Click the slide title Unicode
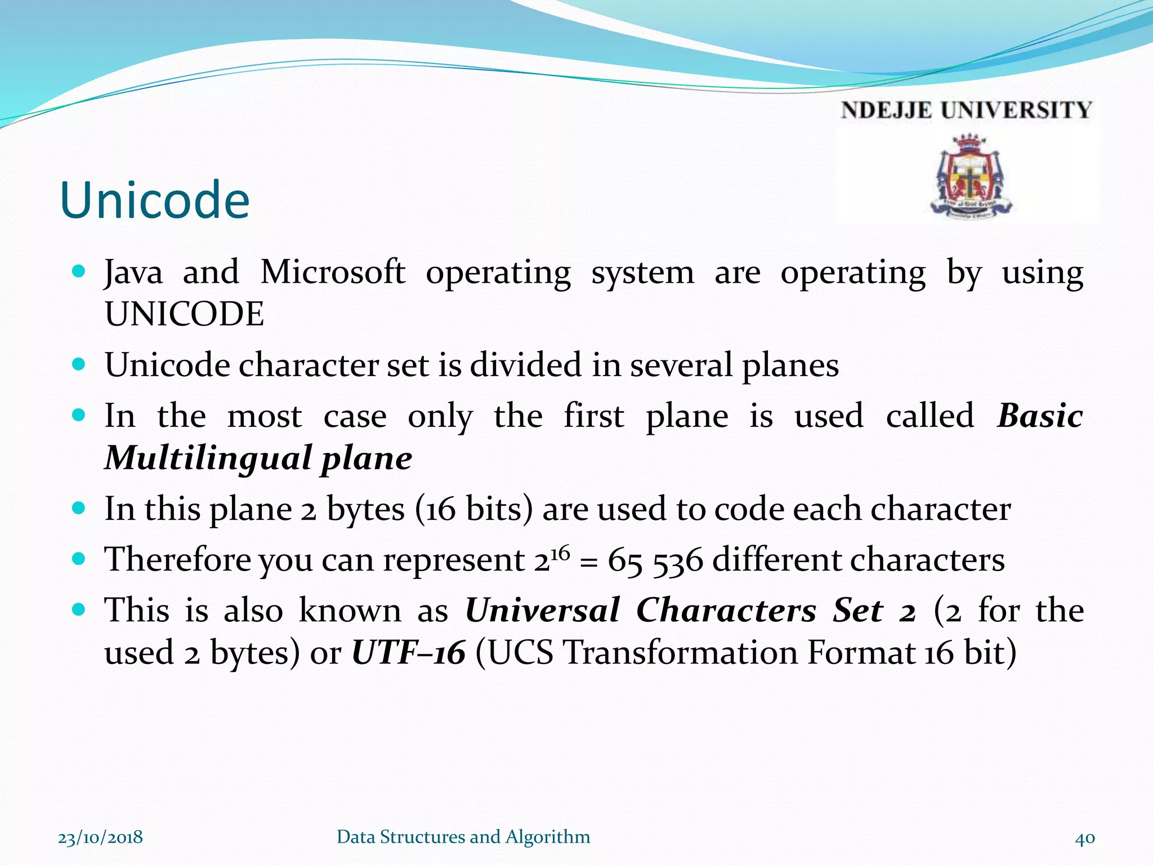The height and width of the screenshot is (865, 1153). [x=154, y=200]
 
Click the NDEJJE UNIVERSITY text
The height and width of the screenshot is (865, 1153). [x=966, y=110]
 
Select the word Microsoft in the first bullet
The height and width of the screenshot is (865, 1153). [x=332, y=273]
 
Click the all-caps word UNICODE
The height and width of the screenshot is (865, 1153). [x=185, y=314]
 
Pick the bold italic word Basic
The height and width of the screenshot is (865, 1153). [x=1040, y=417]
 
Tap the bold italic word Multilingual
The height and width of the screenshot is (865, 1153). [x=208, y=458]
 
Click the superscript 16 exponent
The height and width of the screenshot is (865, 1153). [x=560, y=552]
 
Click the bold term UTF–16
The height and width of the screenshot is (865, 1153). [x=408, y=653]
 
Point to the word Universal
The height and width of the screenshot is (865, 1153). [x=542, y=611]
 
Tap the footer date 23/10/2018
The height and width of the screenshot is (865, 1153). [x=100, y=837]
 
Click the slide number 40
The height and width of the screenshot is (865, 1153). [x=1085, y=838]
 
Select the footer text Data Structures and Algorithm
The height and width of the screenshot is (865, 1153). [x=463, y=837]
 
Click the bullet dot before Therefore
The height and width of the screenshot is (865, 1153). [x=79, y=559]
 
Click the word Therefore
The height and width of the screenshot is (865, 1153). [x=177, y=560]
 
